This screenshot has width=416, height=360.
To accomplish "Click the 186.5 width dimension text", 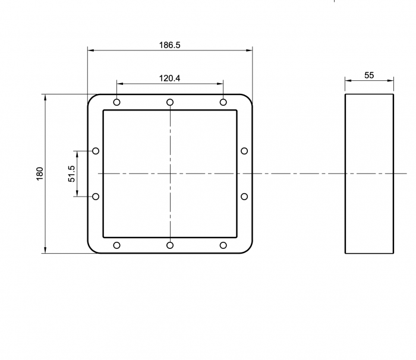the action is tap(169, 45).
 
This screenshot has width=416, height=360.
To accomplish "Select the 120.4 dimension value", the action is tap(169, 78).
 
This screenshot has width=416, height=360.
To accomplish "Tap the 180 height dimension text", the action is tap(40, 174).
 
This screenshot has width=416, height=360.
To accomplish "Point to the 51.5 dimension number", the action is tap(72, 174).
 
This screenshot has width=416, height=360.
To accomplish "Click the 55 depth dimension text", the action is tap(369, 75).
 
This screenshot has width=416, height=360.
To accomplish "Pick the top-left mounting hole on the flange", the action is tap(116, 102).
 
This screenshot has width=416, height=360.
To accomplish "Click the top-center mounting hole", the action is tap(170, 102).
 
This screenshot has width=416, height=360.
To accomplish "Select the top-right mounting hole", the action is tap(223, 102).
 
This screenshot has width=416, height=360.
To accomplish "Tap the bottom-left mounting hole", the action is tap(116, 245).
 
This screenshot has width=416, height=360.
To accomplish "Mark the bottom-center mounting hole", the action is tap(170, 245).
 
